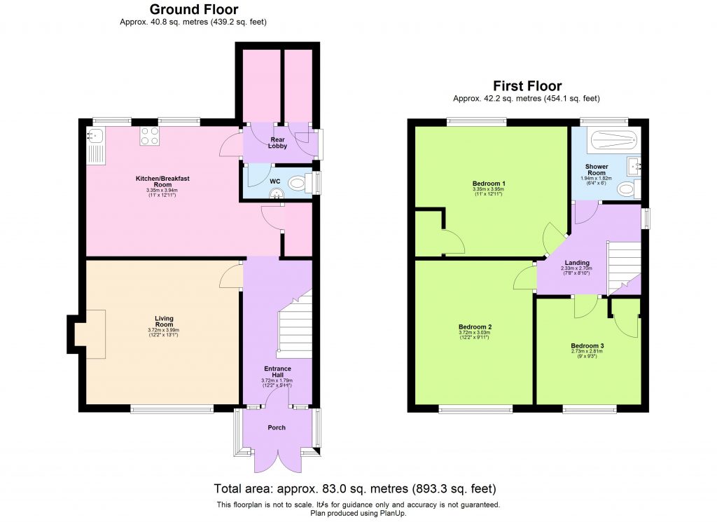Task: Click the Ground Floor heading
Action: coord(194,10)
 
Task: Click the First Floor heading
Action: coord(527,86)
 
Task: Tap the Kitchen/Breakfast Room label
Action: coord(162,181)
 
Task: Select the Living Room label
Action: coord(164,322)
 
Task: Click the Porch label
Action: coord(277,427)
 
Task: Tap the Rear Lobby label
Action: coord(278,142)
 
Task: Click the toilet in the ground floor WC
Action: coord(299,184)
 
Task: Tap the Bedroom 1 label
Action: coord(489,184)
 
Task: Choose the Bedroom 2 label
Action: coord(475,327)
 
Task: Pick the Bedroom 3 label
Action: coord(587,346)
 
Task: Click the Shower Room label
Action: coord(596,170)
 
